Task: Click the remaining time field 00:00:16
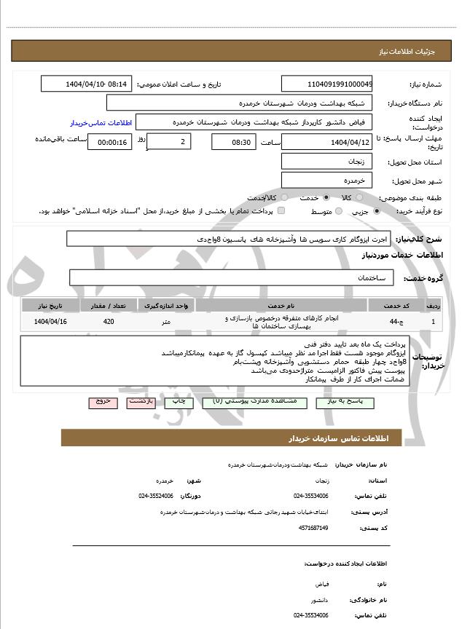[x=109, y=142]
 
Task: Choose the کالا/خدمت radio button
[x=281, y=197]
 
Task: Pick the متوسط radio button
[x=339, y=211]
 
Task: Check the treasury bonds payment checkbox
[x=281, y=211]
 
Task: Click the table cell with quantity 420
[x=109, y=321]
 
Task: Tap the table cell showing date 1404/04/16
[x=51, y=321]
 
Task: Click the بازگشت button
[x=140, y=402]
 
